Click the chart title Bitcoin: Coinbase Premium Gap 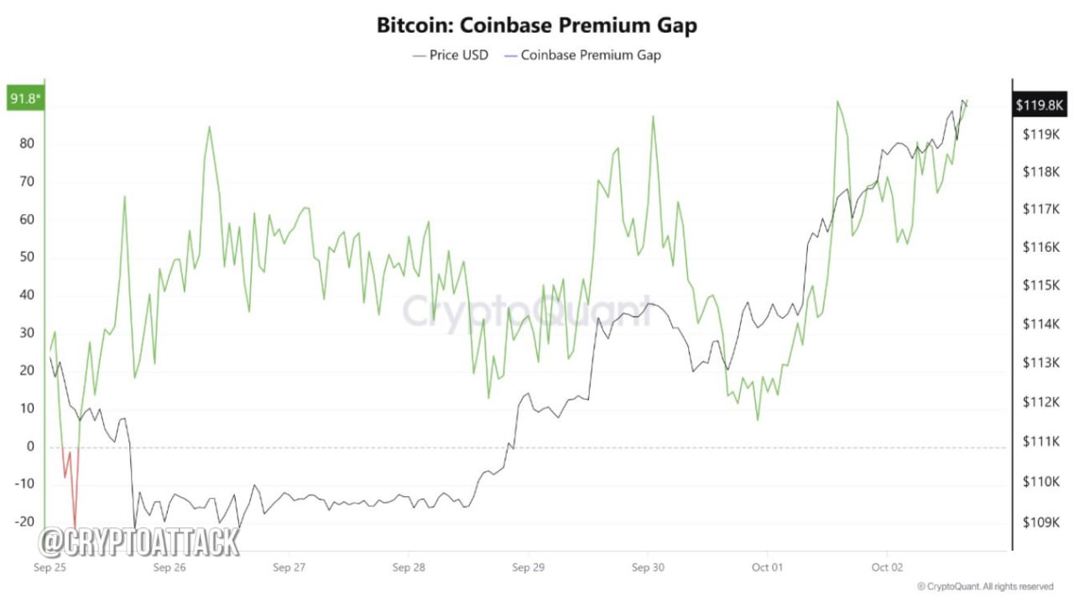tap(536, 25)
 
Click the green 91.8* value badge tap(25, 100)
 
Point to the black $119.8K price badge tap(1040, 105)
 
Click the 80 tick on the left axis tap(27, 143)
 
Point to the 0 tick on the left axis tap(30, 447)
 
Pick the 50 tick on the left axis tap(27, 257)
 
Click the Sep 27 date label tap(288, 567)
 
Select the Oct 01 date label tap(767, 567)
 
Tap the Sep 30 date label tap(647, 567)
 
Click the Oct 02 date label tap(887, 567)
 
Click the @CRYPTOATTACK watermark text tap(140, 542)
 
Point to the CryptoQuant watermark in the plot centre tap(526, 311)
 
